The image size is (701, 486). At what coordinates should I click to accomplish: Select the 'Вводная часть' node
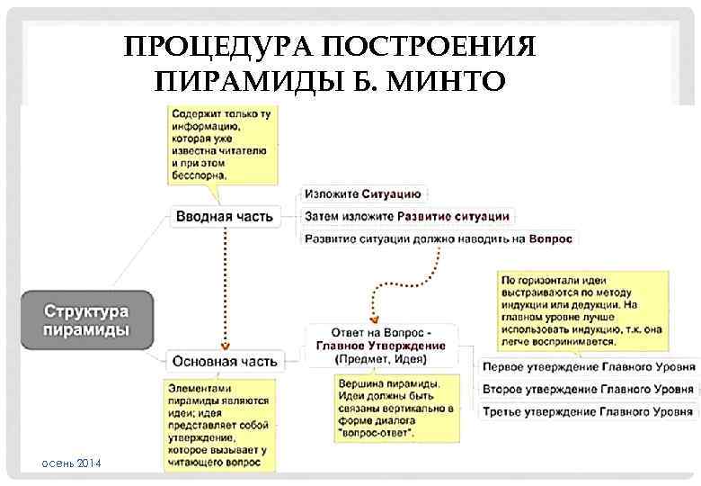[225, 217]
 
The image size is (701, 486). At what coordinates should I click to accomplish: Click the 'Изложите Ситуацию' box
[364, 193]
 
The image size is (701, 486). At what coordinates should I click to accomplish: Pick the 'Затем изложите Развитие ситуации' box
[407, 216]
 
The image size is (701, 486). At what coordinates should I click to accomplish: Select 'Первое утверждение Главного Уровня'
[588, 367]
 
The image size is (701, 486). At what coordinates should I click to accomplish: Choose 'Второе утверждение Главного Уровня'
[588, 390]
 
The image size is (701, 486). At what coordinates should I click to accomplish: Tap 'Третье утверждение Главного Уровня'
[588, 412]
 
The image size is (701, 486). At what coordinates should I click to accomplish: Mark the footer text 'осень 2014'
[71, 463]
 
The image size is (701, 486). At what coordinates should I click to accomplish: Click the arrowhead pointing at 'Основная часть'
[226, 345]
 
